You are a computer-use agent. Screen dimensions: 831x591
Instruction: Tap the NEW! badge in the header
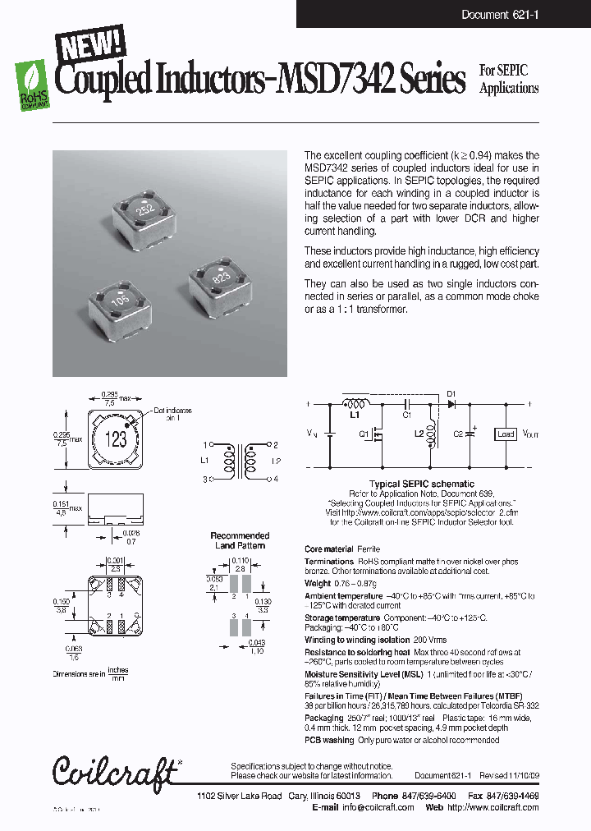[89, 43]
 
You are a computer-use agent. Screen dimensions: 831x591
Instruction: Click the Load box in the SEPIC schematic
[506, 434]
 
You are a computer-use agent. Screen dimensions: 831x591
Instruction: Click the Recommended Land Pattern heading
[240, 540]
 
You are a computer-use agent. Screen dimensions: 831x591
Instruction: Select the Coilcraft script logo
[114, 770]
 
